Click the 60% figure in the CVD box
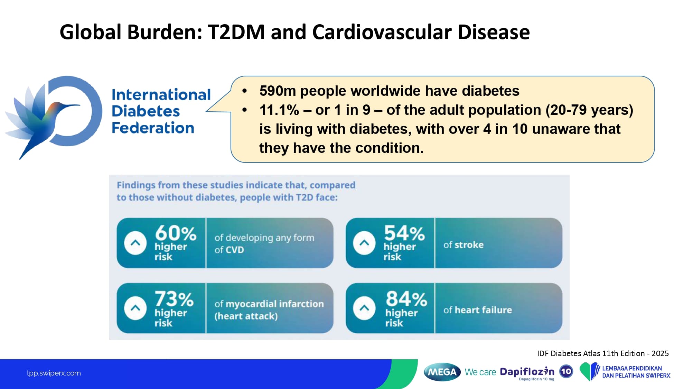pyautogui.click(x=176, y=233)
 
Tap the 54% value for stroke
pyautogui.click(x=404, y=233)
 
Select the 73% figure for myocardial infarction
pyautogui.click(x=174, y=299)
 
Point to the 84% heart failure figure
pyautogui.click(x=406, y=299)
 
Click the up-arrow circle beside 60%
pyautogui.click(x=135, y=243)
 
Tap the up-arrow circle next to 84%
pyautogui.click(x=364, y=308)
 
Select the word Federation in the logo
pyautogui.click(x=153, y=128)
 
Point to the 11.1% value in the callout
pyautogui.click(x=279, y=110)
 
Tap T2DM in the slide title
pyautogui.click(x=236, y=32)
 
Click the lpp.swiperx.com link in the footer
pyautogui.click(x=54, y=373)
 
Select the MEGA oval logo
pyautogui.click(x=442, y=372)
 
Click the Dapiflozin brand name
pyautogui.click(x=527, y=372)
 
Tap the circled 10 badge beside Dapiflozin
pyautogui.click(x=566, y=372)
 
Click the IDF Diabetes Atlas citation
pyautogui.click(x=602, y=353)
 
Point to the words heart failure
pyautogui.click(x=483, y=310)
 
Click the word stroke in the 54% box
pyautogui.click(x=469, y=245)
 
